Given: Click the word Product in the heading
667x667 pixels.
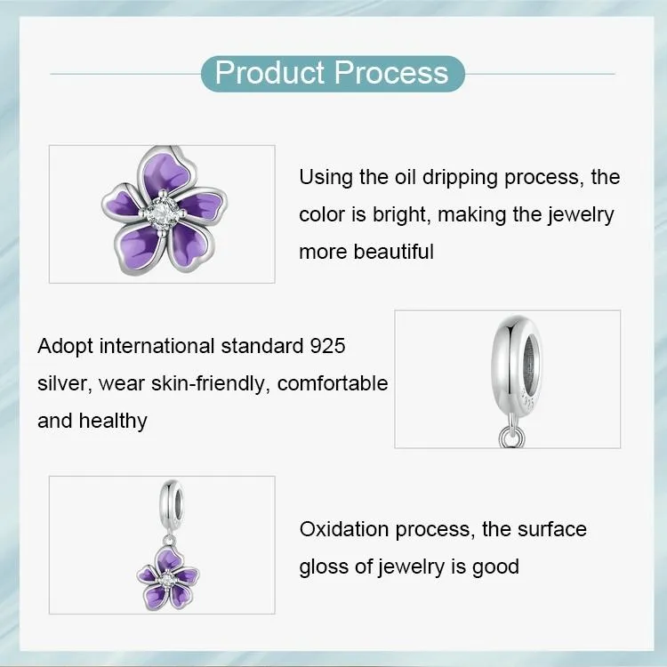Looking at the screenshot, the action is pyautogui.click(x=269, y=73).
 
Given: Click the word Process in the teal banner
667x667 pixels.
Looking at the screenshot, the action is pyautogui.click(x=391, y=73).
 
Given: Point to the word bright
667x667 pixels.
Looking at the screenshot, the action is pyautogui.click(x=399, y=214).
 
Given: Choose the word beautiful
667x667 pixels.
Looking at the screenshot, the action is pyautogui.click(x=394, y=252).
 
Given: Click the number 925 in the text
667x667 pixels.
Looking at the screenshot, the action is pyautogui.click(x=327, y=346).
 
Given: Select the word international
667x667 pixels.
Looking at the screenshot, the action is pyautogui.click(x=157, y=346).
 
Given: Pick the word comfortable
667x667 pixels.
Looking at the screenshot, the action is pyautogui.click(x=333, y=383).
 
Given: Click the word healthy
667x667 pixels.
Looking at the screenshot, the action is pyautogui.click(x=113, y=421).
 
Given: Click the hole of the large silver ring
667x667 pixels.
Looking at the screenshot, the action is pyautogui.click(x=531, y=362).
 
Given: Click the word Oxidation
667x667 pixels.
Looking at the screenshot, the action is pyautogui.click(x=344, y=530).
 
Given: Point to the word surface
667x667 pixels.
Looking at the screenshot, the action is pyautogui.click(x=551, y=530).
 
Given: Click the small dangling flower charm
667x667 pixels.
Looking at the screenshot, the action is pyautogui.click(x=168, y=578).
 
